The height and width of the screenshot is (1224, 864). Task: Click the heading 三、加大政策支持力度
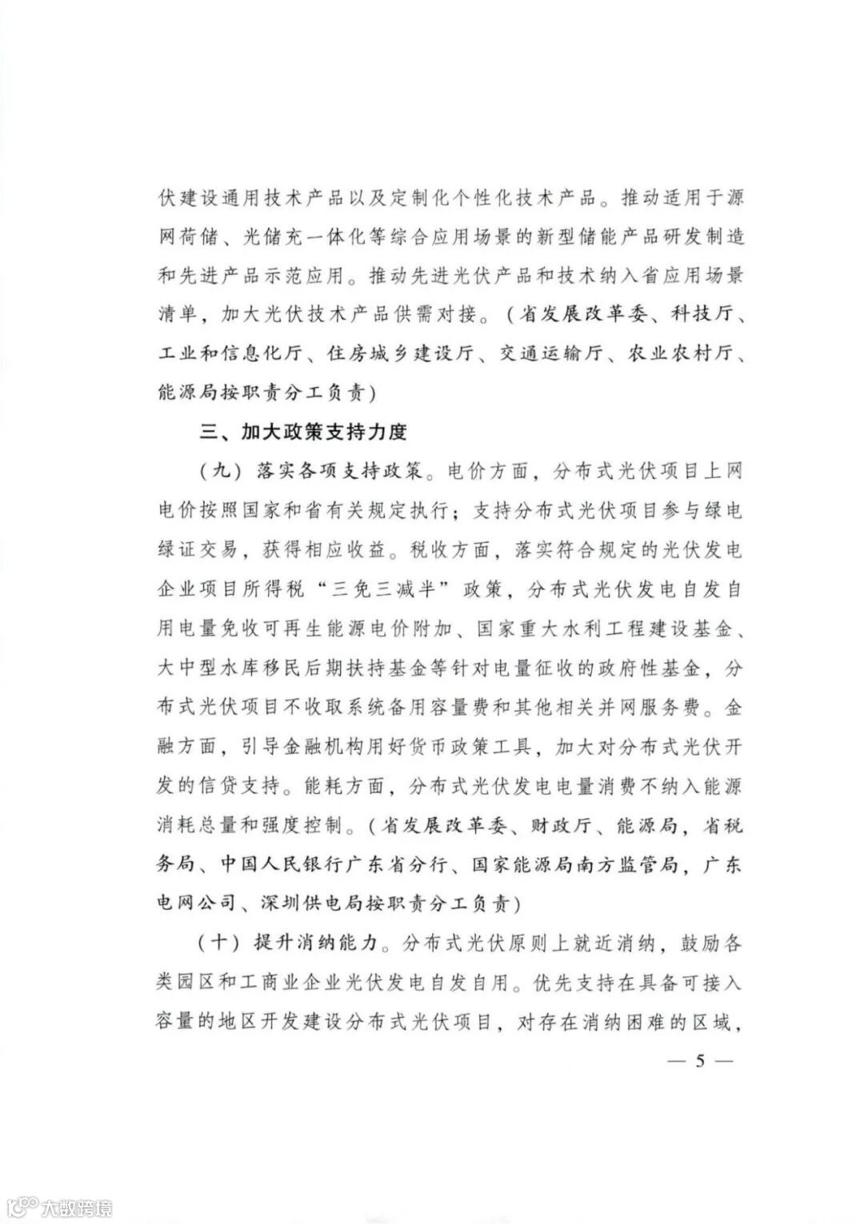click(305, 433)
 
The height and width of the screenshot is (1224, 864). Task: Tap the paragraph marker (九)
click(218, 472)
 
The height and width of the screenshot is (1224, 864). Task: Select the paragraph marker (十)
click(218, 943)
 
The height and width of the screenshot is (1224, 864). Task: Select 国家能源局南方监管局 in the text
click(574, 864)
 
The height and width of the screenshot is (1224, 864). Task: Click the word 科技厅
click(702, 315)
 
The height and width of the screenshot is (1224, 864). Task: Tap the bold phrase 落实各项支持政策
click(338, 472)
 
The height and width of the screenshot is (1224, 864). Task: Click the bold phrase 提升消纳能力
click(316, 943)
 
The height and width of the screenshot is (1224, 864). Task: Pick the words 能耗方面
click(347, 786)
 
